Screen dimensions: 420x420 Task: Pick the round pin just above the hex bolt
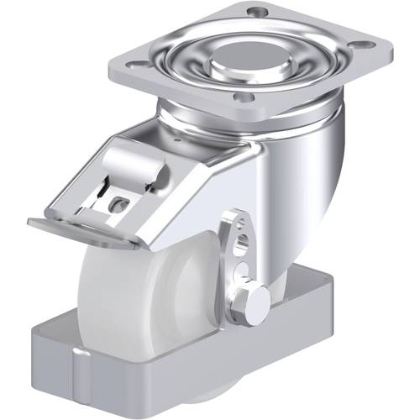[241, 271]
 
